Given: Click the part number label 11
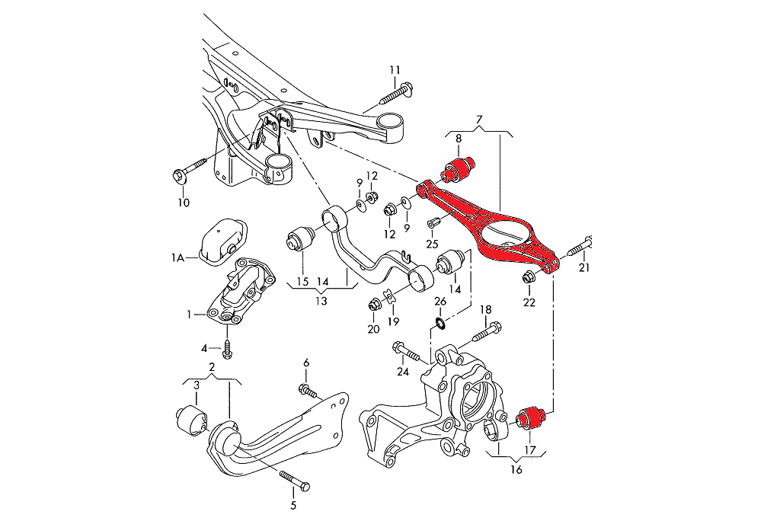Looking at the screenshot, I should pyautogui.click(x=395, y=70).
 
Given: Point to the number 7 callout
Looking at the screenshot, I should pyautogui.click(x=479, y=120).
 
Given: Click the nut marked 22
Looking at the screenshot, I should pyautogui.click(x=528, y=278).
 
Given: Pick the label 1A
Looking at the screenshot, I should pyautogui.click(x=177, y=259).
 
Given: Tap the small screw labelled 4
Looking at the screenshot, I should pyautogui.click(x=227, y=350).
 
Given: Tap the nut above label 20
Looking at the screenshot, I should pyautogui.click(x=373, y=305).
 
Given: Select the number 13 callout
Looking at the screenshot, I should pyautogui.click(x=321, y=301).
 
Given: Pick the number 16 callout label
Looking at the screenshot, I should pyautogui.click(x=516, y=469).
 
